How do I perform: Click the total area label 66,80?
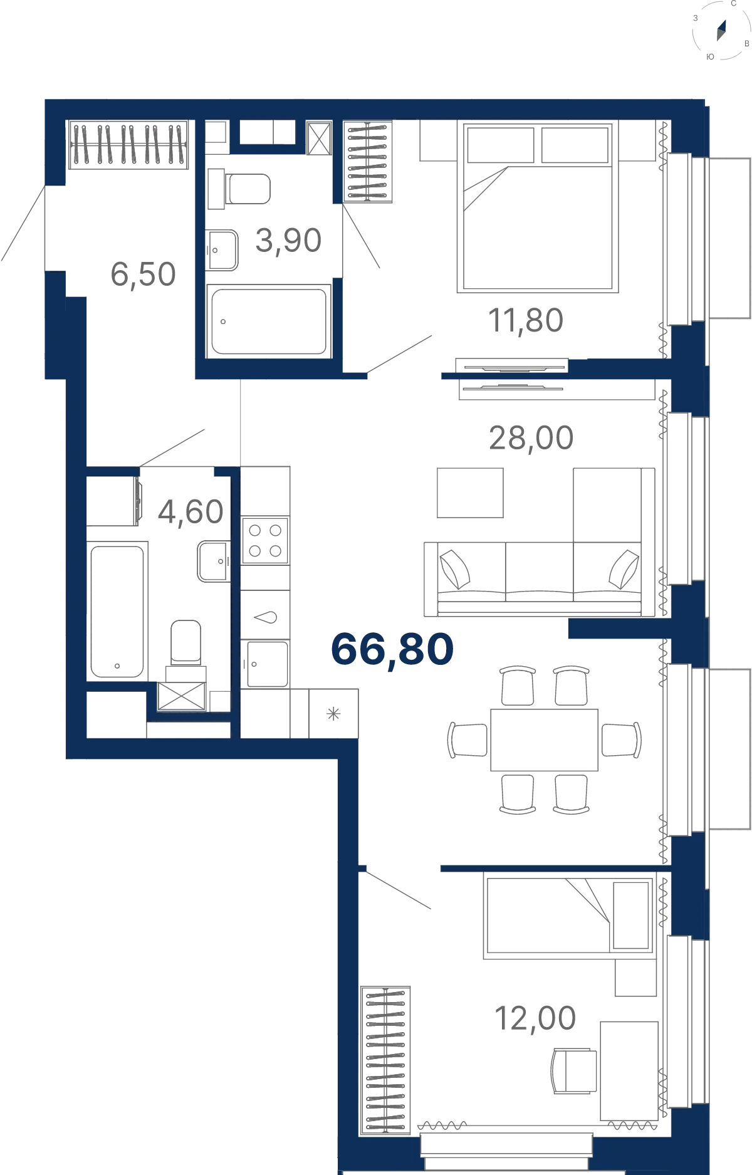click(392, 650)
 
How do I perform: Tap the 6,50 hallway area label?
click(143, 274)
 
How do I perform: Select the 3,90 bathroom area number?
click(288, 241)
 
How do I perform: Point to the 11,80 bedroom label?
click(526, 321)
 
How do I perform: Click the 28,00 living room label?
click(531, 438)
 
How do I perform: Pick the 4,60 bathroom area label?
click(191, 512)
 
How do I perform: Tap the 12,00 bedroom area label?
click(535, 1018)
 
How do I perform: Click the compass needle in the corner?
click(721, 30)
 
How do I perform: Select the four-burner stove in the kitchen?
click(265, 540)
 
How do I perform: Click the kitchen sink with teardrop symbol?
click(265, 617)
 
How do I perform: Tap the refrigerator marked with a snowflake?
click(333, 713)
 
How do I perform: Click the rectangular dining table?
click(544, 740)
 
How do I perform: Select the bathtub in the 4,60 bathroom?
click(117, 611)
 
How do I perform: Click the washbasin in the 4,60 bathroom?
click(214, 561)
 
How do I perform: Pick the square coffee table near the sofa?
click(470, 493)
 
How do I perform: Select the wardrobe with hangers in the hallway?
click(128, 145)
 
